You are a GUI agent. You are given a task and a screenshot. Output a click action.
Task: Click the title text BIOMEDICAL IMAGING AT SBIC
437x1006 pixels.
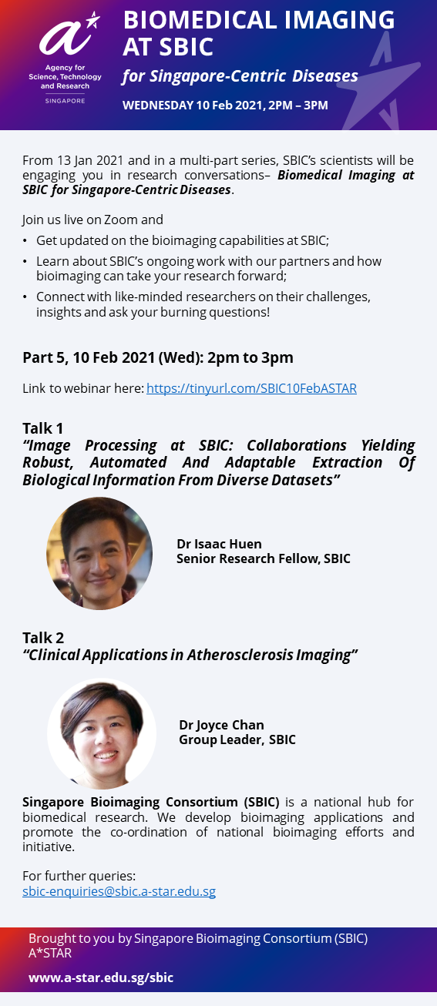tap(258, 33)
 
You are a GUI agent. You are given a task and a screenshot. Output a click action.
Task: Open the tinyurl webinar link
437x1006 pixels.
tap(251, 388)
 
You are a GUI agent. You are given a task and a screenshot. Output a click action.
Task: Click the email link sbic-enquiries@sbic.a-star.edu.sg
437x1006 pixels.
tap(119, 891)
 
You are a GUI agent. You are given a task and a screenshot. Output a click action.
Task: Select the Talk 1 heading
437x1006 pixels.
tap(42, 428)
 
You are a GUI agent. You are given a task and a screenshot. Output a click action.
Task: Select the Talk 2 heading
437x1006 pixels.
tap(43, 638)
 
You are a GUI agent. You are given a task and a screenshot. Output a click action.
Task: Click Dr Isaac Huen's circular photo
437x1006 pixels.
tap(99, 553)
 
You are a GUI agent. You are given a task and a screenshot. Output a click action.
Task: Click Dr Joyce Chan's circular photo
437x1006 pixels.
tap(102, 733)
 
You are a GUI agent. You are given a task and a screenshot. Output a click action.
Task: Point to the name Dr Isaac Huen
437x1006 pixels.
tap(219, 544)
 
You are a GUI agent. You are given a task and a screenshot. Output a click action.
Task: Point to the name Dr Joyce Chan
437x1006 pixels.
tap(221, 726)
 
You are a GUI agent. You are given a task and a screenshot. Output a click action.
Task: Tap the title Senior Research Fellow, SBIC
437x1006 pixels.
tap(263, 558)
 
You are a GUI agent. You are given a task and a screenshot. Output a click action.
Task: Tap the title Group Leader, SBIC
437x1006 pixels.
tap(237, 739)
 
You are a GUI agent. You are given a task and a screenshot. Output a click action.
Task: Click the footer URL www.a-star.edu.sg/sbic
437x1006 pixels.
tap(101, 977)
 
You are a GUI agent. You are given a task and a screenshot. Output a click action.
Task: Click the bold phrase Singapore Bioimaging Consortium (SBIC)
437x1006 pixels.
tap(151, 802)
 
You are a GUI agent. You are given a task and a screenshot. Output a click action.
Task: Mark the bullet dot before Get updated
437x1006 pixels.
tap(25, 241)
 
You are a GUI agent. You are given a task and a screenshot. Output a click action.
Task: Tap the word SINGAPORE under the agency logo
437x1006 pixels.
tap(66, 101)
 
